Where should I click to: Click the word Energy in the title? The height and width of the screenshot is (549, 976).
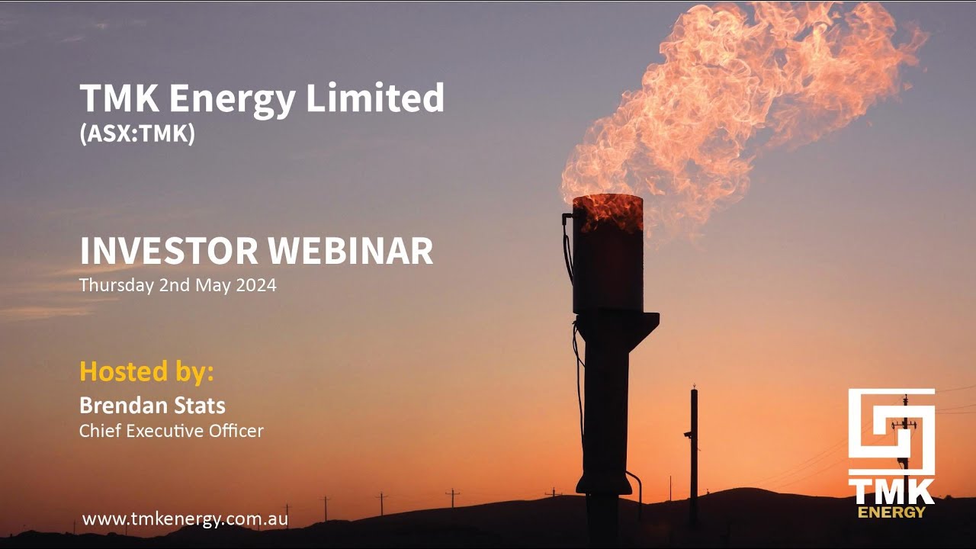[x=241, y=99]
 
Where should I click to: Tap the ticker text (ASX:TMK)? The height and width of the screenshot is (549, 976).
[x=137, y=134]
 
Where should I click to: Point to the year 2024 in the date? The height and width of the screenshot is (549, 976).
[x=256, y=286]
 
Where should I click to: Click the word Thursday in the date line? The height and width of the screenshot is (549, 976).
[x=113, y=286]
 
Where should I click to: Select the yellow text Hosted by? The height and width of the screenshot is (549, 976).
[x=146, y=371]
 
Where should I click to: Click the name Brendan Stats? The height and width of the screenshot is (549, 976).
[x=152, y=405]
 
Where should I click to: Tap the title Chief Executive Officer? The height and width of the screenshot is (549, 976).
[x=172, y=431]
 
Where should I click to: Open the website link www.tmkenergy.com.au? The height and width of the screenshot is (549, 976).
[x=185, y=519]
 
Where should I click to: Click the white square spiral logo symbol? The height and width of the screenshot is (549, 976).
[x=891, y=432]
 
